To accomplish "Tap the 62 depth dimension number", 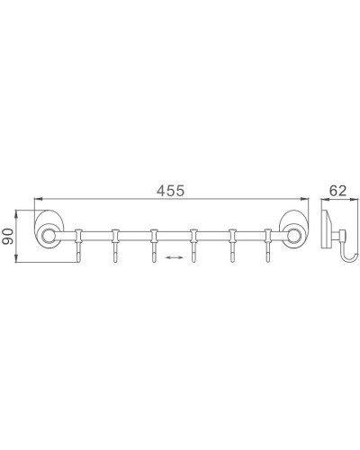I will click(337, 190).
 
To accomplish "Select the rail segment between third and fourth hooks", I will click(174, 238).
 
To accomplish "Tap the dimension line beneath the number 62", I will click(337, 201).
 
